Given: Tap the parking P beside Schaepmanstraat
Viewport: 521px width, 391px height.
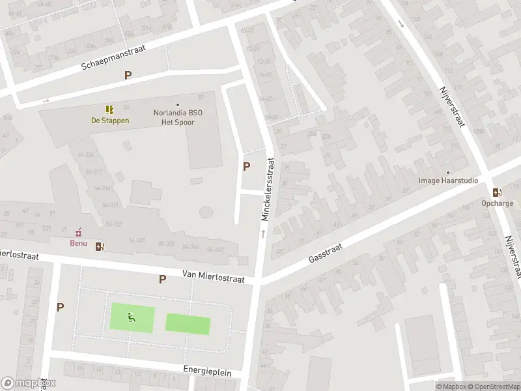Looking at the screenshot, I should [128, 75].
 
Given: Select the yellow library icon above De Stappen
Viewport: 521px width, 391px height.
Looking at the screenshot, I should [109, 109].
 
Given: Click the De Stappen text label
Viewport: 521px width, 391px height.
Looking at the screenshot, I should [109, 120].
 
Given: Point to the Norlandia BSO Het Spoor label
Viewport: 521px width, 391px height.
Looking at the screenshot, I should [177, 117].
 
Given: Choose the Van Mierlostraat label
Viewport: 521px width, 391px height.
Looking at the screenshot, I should [213, 278].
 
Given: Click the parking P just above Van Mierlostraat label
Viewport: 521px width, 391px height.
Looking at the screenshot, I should [162, 279].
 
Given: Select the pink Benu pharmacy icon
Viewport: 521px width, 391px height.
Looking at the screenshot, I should [79, 232].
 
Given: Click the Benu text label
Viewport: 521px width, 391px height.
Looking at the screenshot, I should [79, 243].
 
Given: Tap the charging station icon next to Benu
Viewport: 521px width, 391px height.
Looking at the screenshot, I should [100, 246].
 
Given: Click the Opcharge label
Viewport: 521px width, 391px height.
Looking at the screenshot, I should [498, 203].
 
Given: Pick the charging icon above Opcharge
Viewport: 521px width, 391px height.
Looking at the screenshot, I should [497, 192].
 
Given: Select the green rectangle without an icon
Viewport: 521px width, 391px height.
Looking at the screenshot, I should [188, 324].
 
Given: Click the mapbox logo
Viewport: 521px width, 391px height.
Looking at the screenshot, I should [28, 383].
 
